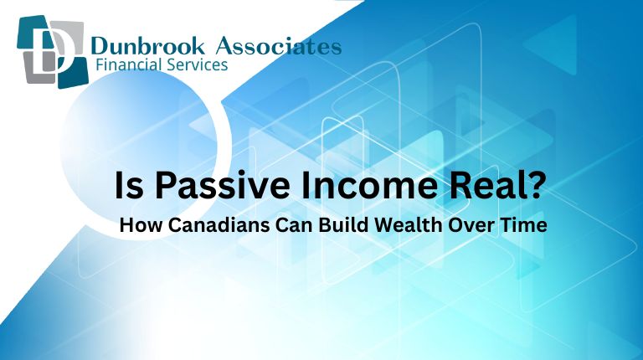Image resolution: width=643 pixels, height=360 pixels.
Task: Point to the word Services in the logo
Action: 198,65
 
